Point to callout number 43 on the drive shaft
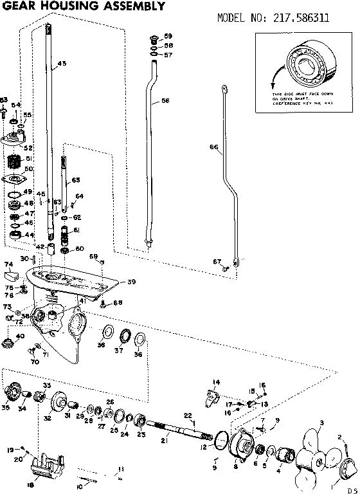tap(62, 64)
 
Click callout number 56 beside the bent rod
tap(165, 101)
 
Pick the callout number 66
tap(214, 147)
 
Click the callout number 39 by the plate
tap(131, 281)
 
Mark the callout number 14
tap(216, 382)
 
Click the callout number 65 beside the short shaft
tap(76, 179)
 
